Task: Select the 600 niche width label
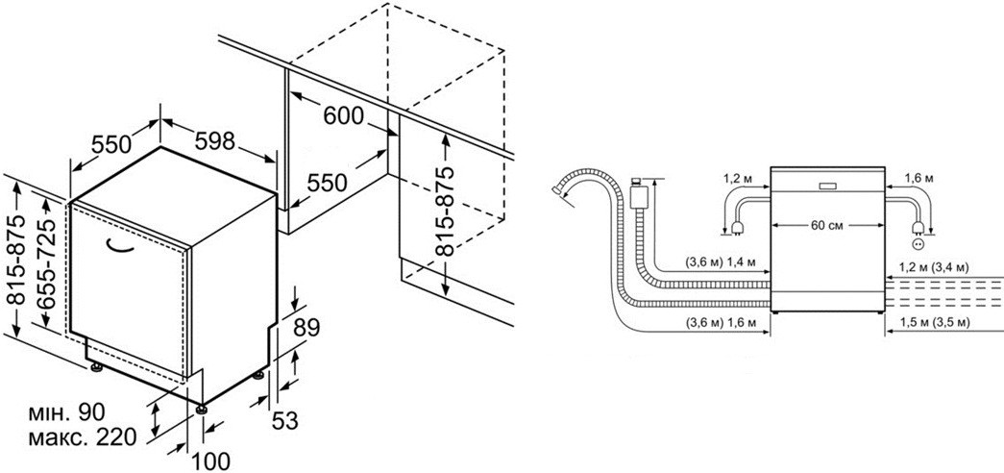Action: click(x=343, y=116)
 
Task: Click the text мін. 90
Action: click(x=64, y=414)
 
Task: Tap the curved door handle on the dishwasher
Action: click(x=124, y=246)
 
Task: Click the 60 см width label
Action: click(x=825, y=226)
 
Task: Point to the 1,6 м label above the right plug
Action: click(x=920, y=178)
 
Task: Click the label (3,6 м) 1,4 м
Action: click(x=720, y=261)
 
